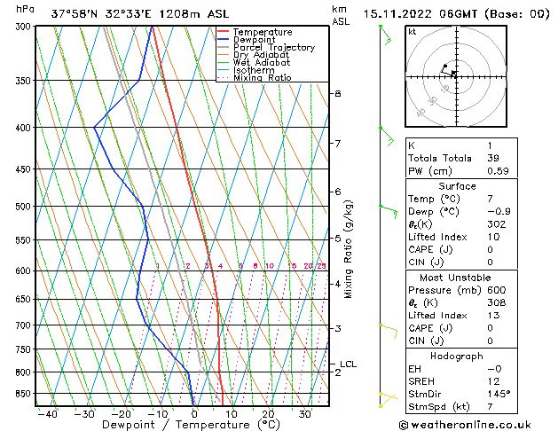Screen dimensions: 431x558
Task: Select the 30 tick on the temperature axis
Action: point(304,414)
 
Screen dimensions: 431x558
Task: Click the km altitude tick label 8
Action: point(337,93)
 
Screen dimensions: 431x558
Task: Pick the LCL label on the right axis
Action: point(348,364)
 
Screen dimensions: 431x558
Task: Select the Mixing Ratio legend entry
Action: point(263,78)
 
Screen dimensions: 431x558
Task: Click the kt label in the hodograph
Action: point(412,31)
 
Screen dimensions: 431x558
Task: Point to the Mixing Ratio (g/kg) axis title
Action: point(348,249)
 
